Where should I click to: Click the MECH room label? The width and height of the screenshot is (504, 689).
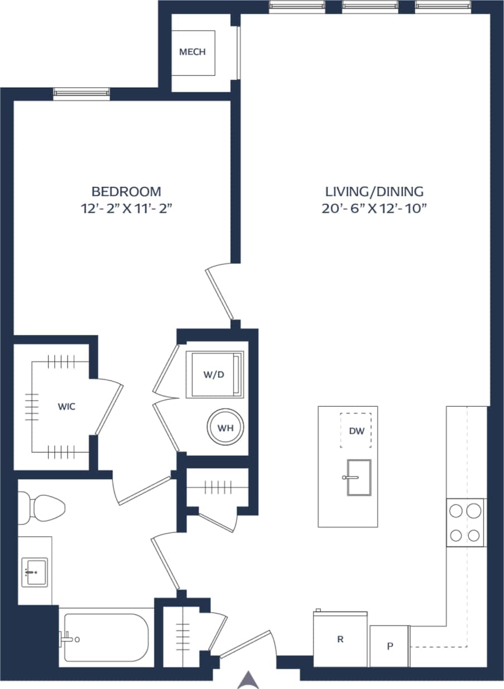(192, 52)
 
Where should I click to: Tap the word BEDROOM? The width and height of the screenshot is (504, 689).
(126, 192)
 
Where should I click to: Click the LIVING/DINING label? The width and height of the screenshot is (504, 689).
(375, 192)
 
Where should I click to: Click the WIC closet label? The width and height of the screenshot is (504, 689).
(66, 407)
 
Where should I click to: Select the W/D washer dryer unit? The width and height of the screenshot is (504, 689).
(215, 374)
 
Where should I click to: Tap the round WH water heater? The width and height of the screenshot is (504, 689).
(225, 428)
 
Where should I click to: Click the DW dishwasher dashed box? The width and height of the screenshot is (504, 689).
(356, 430)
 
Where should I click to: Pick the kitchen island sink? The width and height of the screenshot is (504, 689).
(358, 477)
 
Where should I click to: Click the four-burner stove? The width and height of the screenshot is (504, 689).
(465, 523)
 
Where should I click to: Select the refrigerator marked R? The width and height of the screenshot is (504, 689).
(340, 639)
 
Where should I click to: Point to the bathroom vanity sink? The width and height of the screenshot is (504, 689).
(34, 572)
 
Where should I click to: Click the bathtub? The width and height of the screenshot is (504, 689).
(106, 637)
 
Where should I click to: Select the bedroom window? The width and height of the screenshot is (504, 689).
(82, 94)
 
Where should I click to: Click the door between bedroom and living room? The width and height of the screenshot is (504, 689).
(220, 293)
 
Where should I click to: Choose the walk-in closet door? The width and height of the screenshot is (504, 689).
(110, 407)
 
